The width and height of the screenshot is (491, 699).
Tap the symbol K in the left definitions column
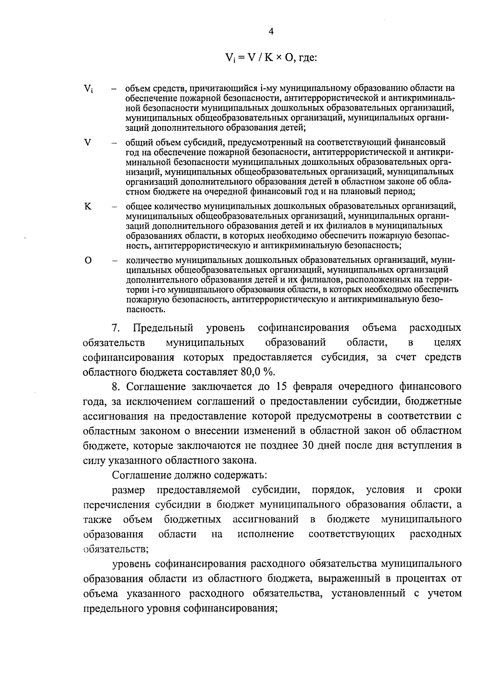88,206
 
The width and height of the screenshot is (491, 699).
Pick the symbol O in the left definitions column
88,261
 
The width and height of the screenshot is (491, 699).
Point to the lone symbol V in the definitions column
87,142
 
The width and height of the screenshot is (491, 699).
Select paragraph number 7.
115,328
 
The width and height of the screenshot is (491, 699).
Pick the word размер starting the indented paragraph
128,490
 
